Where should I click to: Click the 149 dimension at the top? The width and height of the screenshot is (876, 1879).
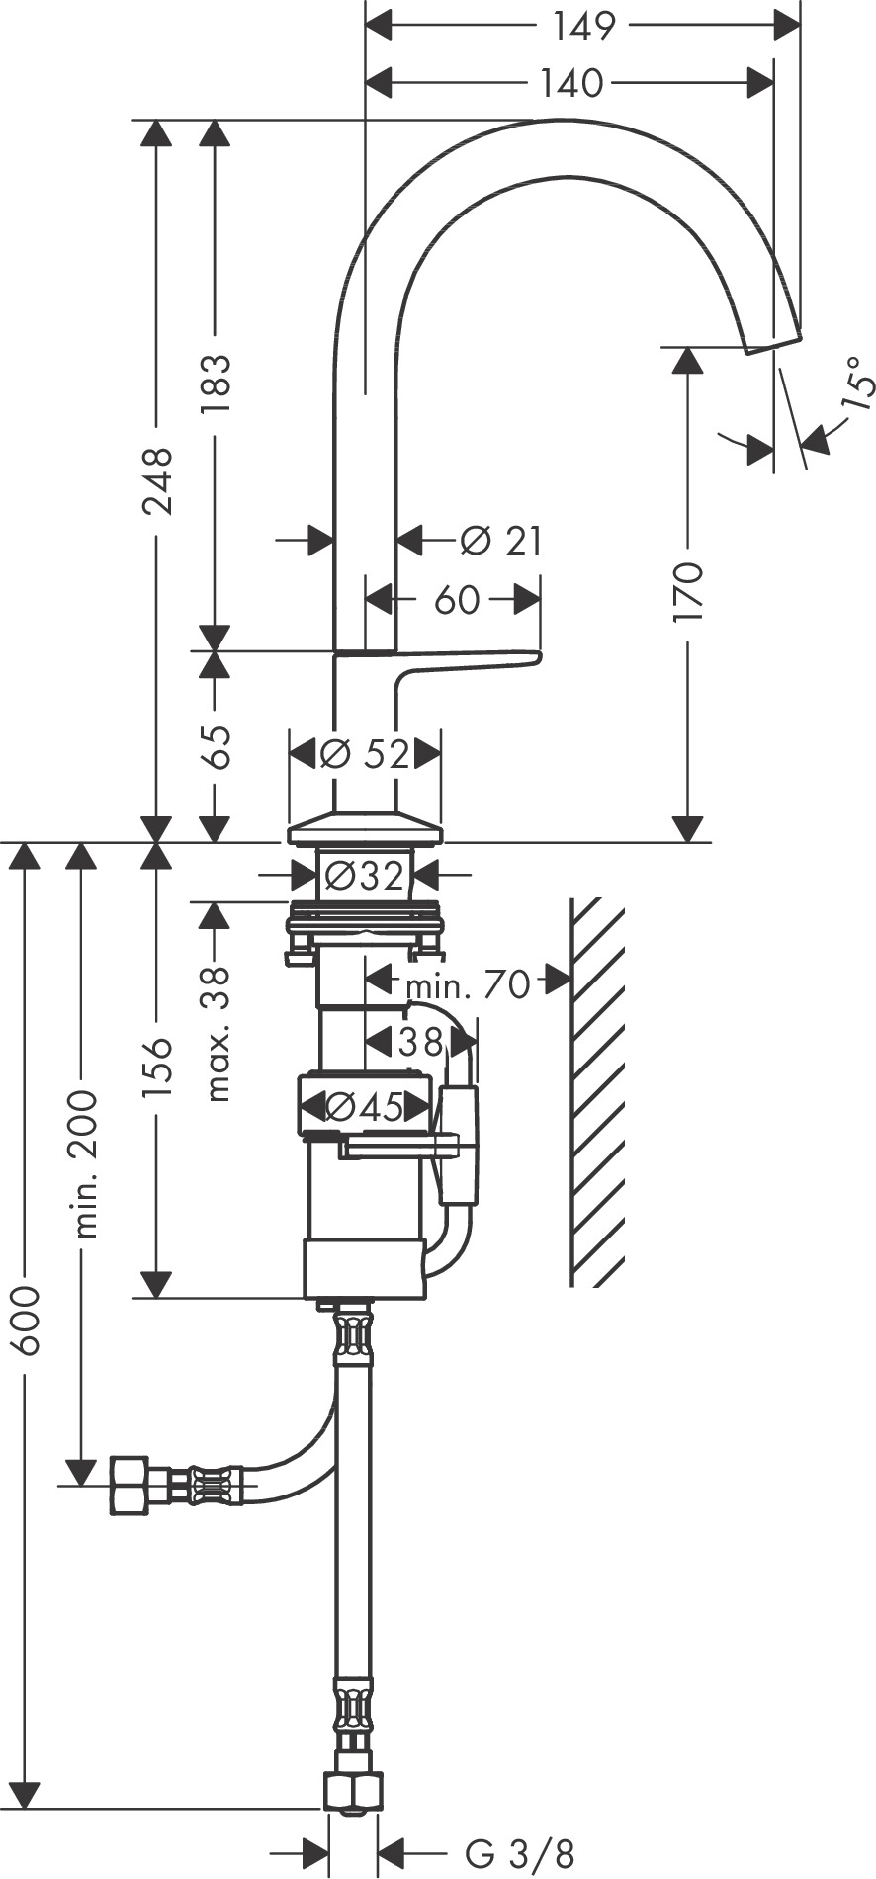click(583, 26)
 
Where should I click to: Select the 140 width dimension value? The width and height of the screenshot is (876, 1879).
click(571, 84)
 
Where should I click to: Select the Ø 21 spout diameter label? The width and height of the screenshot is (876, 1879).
click(501, 541)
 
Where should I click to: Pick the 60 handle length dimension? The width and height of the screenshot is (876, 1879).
click(457, 599)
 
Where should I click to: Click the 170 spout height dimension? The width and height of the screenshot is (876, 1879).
click(688, 591)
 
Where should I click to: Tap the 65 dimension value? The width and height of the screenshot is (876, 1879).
click(216, 747)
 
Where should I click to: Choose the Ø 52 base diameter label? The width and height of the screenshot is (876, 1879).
click(365, 755)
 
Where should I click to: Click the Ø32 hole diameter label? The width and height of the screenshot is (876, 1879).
click(364, 876)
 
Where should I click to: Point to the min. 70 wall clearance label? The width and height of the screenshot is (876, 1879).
click(468, 984)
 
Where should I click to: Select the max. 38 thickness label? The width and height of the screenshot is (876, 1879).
click(217, 1034)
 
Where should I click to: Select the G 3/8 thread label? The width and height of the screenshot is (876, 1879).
click(519, 1851)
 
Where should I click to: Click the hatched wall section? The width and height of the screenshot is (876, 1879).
click(597, 1092)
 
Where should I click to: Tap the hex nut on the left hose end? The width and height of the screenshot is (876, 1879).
click(130, 1485)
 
